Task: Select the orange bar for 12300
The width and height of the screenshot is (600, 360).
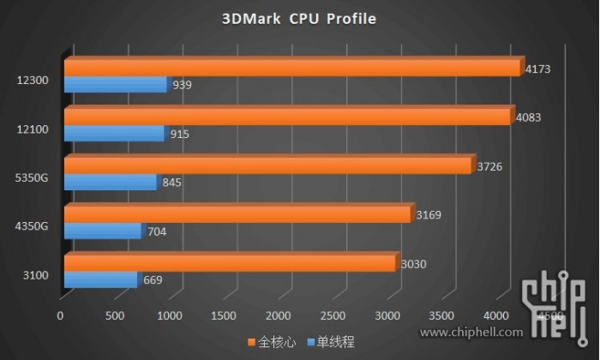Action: [x=291, y=68]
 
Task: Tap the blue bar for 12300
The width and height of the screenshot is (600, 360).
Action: [x=115, y=85]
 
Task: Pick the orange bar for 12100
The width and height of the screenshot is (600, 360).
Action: [x=287, y=117]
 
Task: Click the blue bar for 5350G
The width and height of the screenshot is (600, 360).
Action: [x=110, y=183]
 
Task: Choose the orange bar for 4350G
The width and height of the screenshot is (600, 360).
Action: [x=237, y=214]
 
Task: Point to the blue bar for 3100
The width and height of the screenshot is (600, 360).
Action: [x=100, y=280]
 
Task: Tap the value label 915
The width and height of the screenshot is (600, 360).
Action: [x=179, y=134]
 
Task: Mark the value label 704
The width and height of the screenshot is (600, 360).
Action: [x=157, y=231]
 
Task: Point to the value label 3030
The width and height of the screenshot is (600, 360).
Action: [x=415, y=263]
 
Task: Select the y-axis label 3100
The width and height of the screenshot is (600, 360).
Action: [x=37, y=276]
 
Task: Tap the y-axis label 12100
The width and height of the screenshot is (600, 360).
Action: [x=33, y=129]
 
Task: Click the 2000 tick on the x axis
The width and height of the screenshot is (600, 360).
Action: [x=279, y=316]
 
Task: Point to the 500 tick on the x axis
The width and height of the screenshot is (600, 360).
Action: [x=115, y=316]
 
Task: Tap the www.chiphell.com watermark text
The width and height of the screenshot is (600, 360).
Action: [x=477, y=332]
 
